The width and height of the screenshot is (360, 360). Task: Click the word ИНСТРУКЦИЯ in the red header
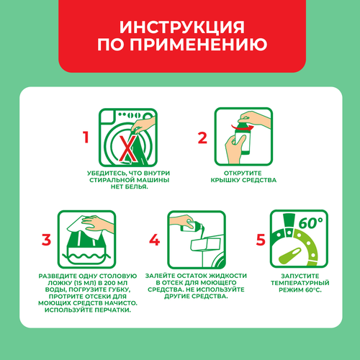pos(182,27)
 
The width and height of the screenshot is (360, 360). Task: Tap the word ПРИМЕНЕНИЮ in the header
pos(199,44)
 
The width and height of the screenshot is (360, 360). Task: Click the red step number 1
pos(86,138)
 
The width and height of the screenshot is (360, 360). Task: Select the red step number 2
pos(202,138)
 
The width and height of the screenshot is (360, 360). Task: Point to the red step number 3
pos(46,240)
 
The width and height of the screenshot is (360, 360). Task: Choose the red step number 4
pos(155,240)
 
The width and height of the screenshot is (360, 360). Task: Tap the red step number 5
pos(261,240)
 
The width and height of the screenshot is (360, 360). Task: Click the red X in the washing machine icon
pos(127,148)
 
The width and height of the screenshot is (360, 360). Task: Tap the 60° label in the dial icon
pos(310,222)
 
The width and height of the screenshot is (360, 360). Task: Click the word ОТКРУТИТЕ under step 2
pos(243,173)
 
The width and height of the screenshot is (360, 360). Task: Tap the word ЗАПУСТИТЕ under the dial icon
pos(300,276)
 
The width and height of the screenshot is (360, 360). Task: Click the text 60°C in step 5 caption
pos(313,289)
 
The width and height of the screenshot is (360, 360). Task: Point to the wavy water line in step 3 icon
pos(86,256)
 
